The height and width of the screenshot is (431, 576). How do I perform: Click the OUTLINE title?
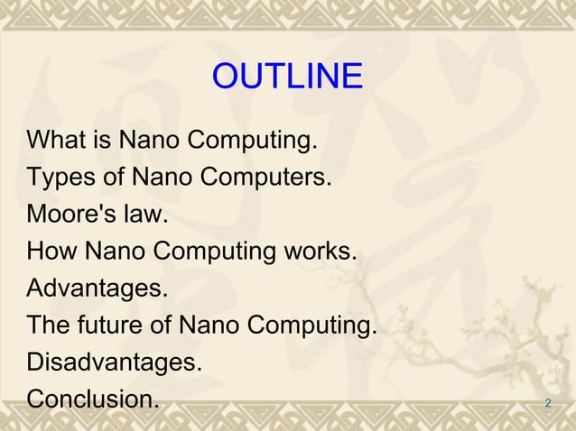[287, 78]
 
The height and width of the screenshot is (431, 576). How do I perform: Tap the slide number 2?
[548, 402]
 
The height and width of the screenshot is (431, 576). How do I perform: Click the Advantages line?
[98, 289]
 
